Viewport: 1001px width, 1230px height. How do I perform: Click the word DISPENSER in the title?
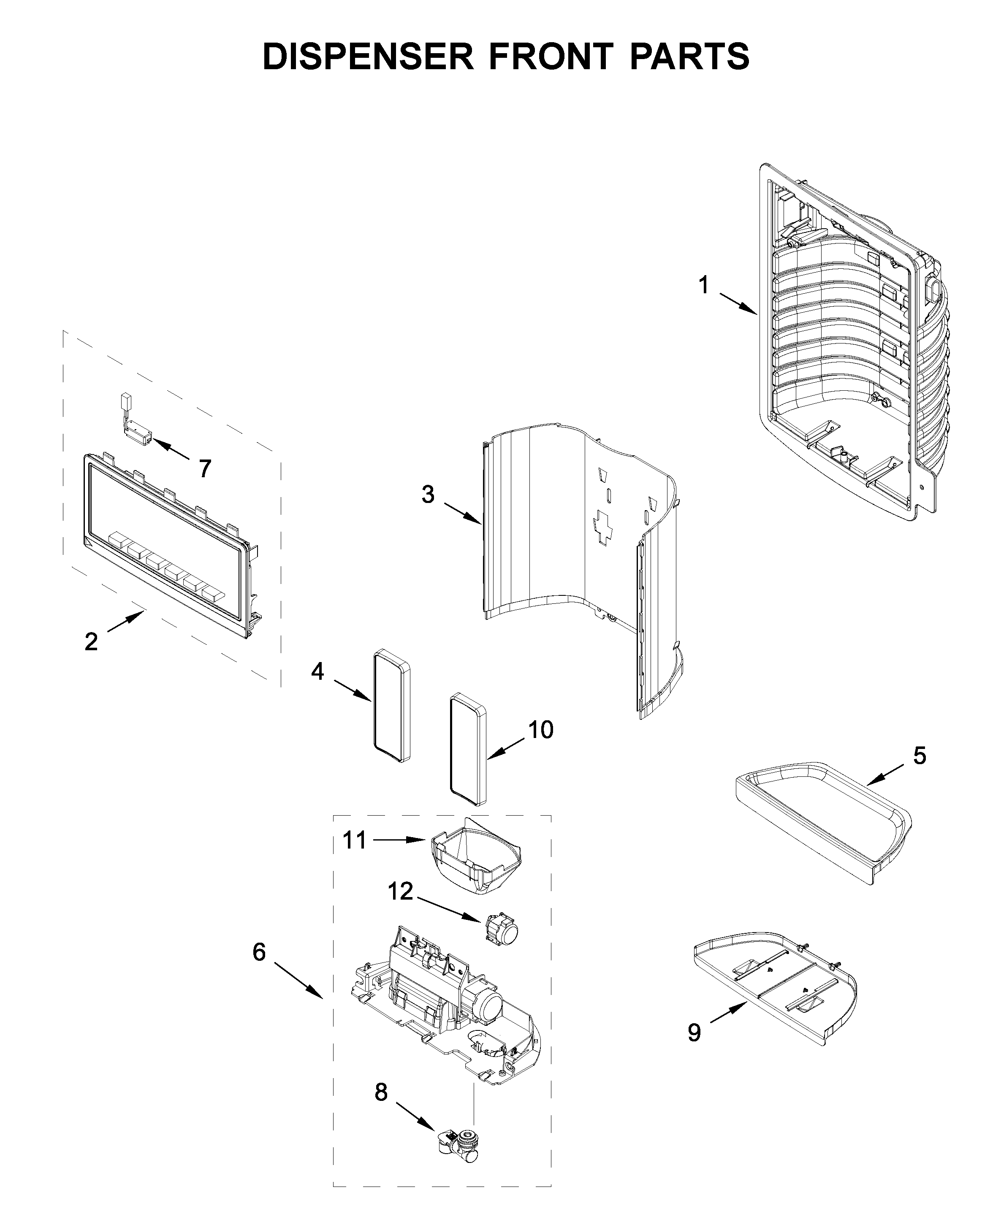click(367, 57)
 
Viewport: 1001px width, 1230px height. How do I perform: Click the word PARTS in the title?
click(689, 57)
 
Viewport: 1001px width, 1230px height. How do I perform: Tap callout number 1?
click(703, 285)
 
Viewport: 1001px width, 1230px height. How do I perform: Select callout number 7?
click(205, 469)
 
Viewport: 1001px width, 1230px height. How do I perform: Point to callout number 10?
click(541, 730)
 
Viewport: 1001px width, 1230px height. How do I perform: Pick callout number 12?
click(400, 892)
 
